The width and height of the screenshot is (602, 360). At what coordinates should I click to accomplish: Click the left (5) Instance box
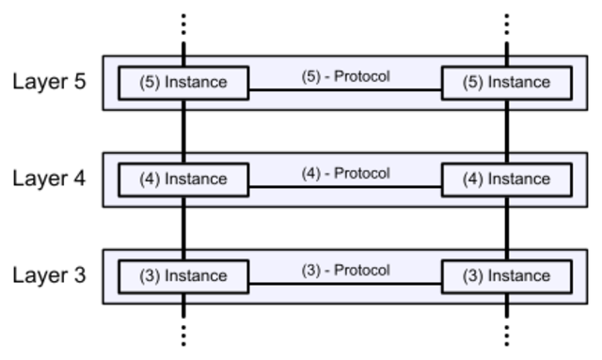click(x=183, y=83)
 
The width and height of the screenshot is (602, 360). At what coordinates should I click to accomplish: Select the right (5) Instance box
click(x=506, y=83)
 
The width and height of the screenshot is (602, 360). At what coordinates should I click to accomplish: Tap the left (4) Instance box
click(x=183, y=180)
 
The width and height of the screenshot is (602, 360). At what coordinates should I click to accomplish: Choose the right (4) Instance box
click(x=506, y=180)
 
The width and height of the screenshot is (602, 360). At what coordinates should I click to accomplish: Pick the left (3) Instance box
click(x=183, y=276)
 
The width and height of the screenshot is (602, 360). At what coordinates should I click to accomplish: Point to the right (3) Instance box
click(x=506, y=276)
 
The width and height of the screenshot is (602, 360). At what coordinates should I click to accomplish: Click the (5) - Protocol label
click(x=345, y=77)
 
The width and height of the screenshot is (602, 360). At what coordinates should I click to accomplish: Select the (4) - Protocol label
click(x=345, y=174)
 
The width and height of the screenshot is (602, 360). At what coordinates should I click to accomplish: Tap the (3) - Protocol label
click(x=345, y=271)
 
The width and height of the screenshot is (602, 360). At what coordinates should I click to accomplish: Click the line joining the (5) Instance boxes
click(x=345, y=90)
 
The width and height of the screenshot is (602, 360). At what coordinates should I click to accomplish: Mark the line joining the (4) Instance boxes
click(x=345, y=187)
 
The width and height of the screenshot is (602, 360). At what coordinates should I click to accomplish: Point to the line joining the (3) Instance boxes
click(x=345, y=284)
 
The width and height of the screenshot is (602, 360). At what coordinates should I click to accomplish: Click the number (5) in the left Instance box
click(x=150, y=83)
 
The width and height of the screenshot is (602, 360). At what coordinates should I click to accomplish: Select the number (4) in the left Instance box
click(x=150, y=180)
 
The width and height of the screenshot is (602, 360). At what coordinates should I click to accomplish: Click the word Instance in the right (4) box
click(x=518, y=180)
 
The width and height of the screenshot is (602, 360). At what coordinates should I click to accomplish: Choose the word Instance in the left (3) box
click(x=196, y=276)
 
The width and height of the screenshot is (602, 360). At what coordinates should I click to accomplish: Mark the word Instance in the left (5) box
click(x=196, y=83)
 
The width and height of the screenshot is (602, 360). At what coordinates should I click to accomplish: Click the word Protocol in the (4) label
click(x=362, y=174)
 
